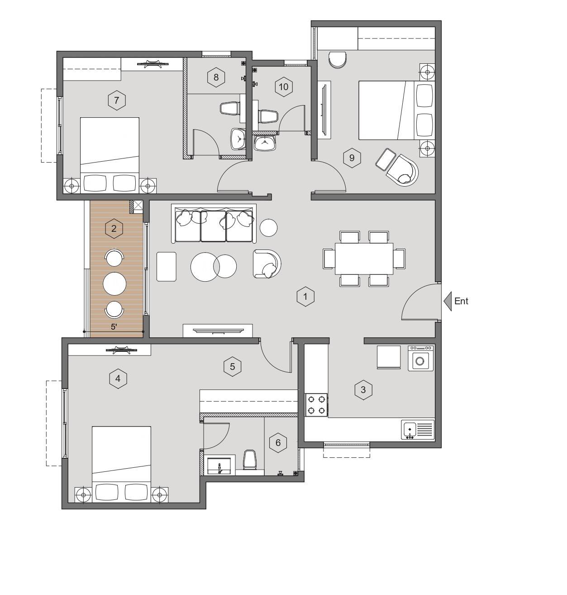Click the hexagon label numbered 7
tap(117, 100)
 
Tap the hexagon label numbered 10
tap(283, 87)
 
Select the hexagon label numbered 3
tap(363, 390)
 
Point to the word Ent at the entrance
tap(461, 301)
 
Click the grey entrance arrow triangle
tap(448, 301)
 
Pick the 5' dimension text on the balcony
tap(114, 327)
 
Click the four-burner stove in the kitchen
tap(316, 405)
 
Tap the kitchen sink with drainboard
tap(418, 429)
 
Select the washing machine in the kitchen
tap(420, 358)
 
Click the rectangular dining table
tap(364, 259)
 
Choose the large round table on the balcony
tap(114, 283)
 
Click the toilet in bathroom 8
tap(230, 108)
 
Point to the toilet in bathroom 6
tap(250, 460)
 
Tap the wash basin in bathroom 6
tap(219, 465)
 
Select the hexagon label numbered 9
tap(352, 158)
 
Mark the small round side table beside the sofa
tap(268, 227)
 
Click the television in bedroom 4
tap(121, 350)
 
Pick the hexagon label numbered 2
tap(114, 229)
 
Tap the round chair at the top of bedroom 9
tap(338, 60)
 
